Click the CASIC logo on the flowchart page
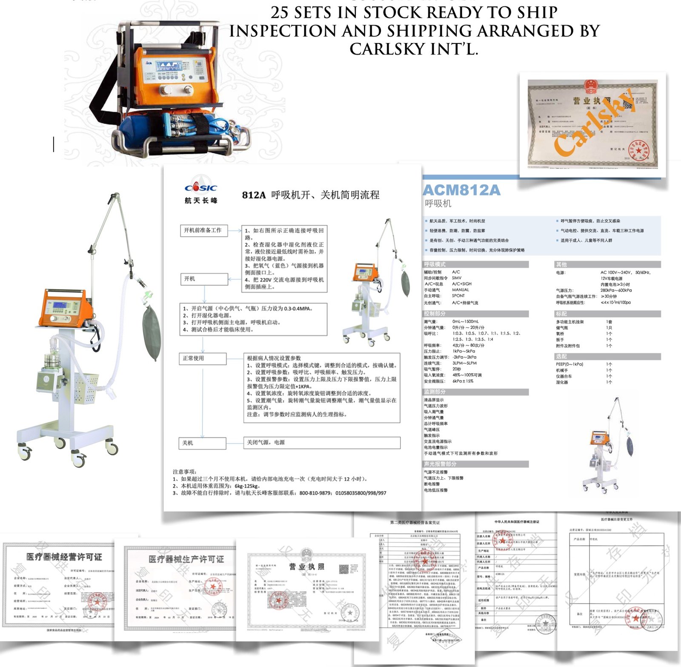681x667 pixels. click(201, 187)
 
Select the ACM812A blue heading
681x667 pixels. click(461, 190)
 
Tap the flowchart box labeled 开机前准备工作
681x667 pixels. click(203, 230)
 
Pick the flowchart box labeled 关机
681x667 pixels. click(202, 443)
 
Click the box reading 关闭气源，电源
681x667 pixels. click(321, 443)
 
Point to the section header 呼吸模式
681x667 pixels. click(435, 264)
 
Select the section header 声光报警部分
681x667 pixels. click(440, 464)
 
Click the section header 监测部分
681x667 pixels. click(435, 392)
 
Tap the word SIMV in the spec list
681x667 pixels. click(457, 278)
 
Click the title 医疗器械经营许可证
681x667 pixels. click(64, 557)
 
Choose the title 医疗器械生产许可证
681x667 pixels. click(186, 559)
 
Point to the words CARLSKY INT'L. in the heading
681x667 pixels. click(414, 49)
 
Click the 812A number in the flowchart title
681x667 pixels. click(254, 195)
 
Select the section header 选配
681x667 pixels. click(561, 356)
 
